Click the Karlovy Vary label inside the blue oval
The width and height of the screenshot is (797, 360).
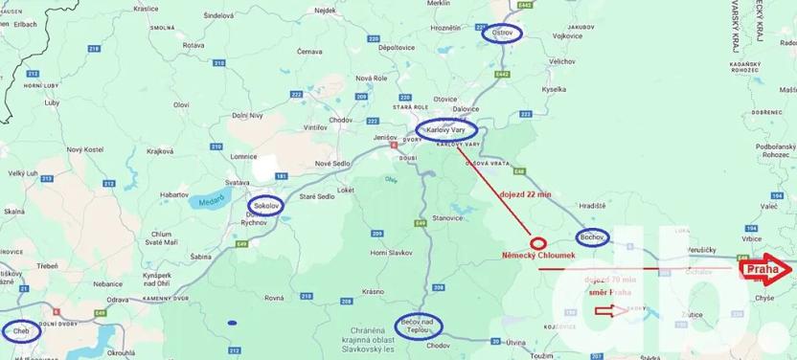(x=445, y=130)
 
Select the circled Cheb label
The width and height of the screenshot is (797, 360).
(x=19, y=331)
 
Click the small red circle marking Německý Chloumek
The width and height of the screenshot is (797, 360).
(x=537, y=243)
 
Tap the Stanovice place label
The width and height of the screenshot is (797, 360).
(x=447, y=218)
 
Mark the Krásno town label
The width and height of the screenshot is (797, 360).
(x=374, y=290)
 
